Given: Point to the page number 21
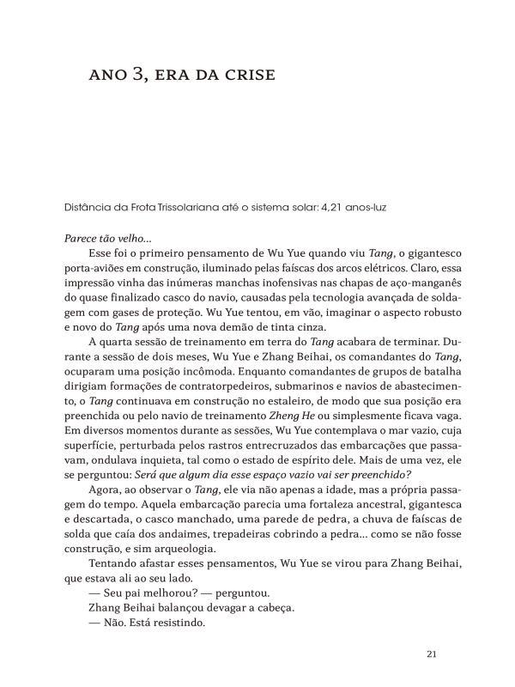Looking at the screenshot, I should pos(433,654).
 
